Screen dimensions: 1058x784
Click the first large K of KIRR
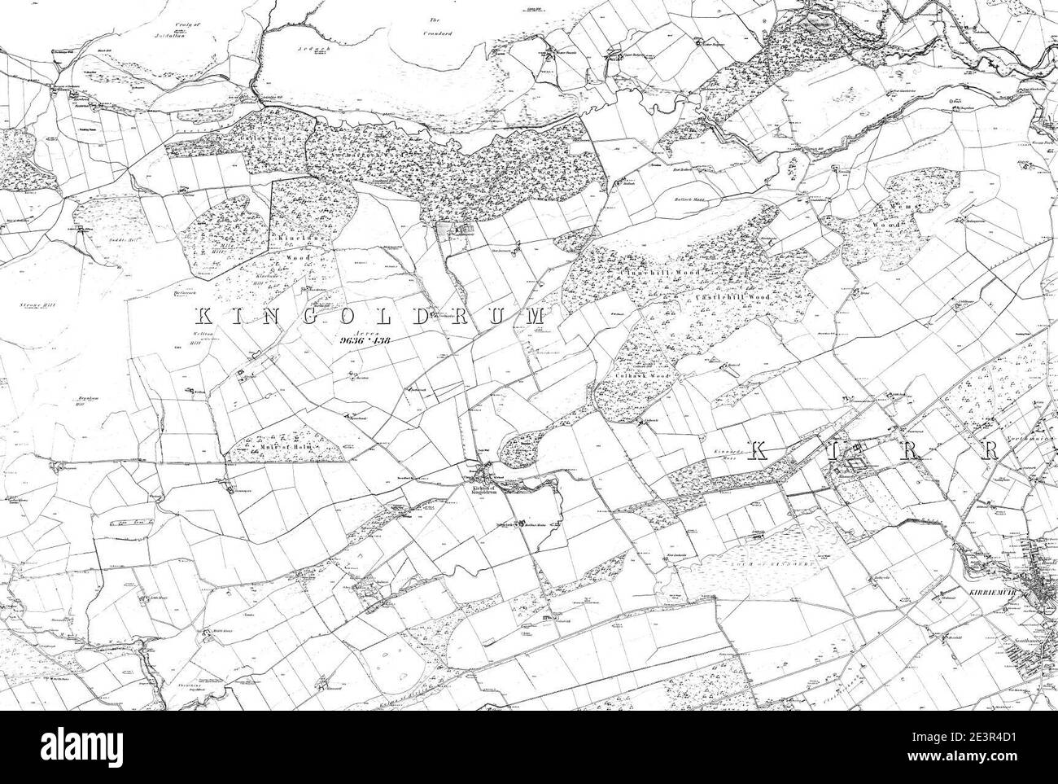pyautogui.click(x=759, y=449)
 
